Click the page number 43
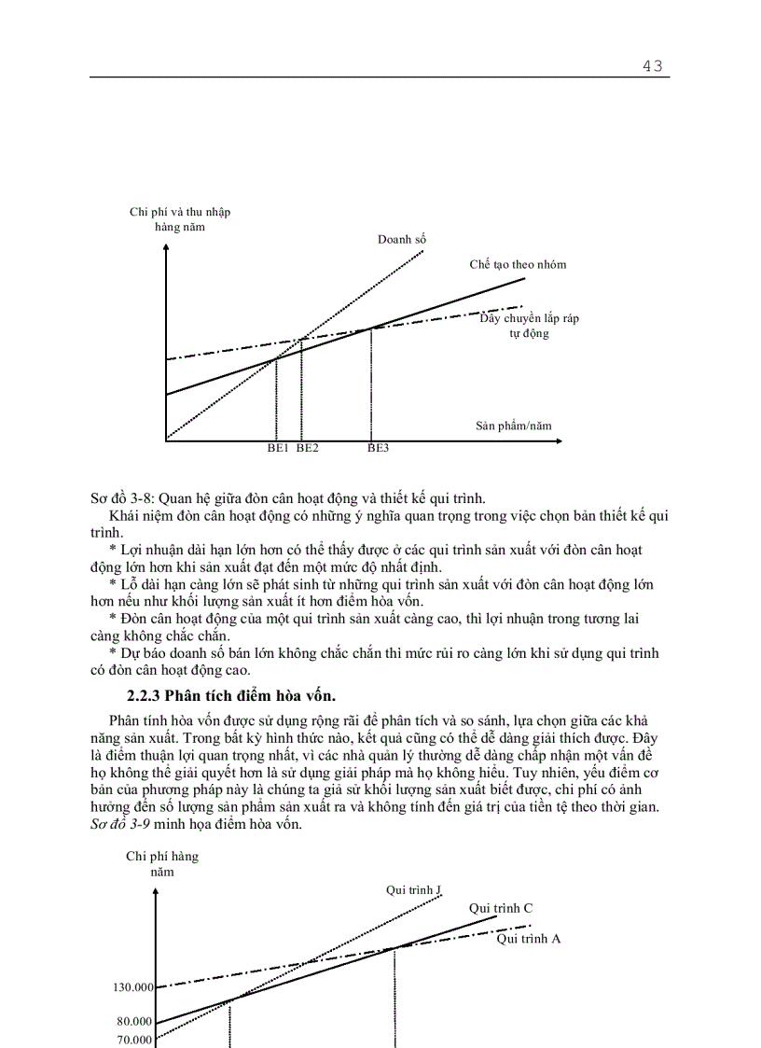coord(652,65)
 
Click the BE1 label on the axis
coord(278,448)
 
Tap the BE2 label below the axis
coord(308,448)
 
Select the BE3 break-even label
coord(378,448)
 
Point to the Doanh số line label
coord(402,240)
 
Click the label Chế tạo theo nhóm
coord(518,264)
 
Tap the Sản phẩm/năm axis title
coord(514,426)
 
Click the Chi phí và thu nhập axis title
coord(180,213)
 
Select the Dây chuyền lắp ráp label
coord(530,319)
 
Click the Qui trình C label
coord(501,907)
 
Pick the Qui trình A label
coord(529,939)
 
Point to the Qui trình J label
coord(413,890)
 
